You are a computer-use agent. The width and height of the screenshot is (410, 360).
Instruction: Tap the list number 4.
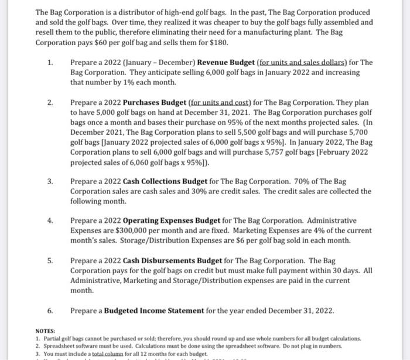50,221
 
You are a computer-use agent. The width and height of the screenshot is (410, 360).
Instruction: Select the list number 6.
50,310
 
